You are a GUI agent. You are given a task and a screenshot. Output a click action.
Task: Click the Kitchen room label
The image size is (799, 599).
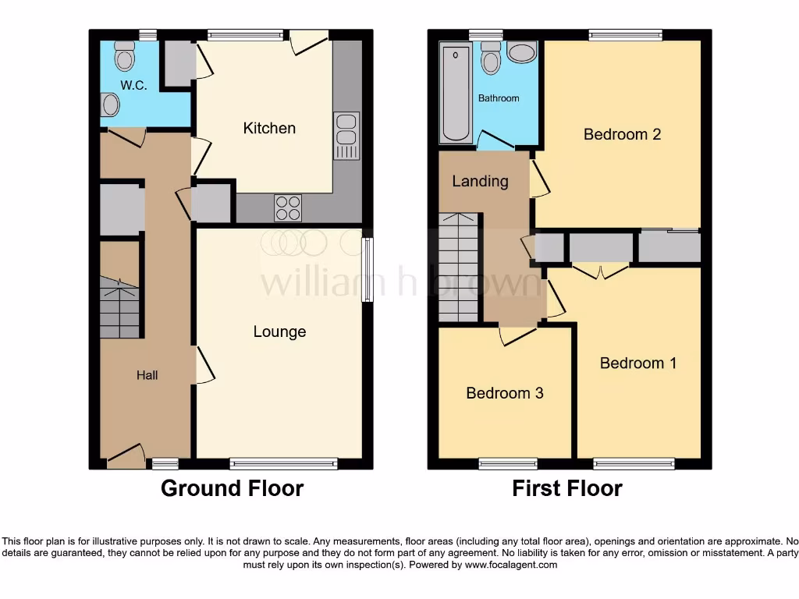[269, 128]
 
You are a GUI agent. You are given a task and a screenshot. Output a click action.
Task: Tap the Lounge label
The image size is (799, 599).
[279, 331]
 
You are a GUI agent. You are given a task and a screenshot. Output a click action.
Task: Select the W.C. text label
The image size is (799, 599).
[133, 86]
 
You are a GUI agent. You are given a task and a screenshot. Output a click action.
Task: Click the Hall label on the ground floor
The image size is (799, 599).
[147, 375]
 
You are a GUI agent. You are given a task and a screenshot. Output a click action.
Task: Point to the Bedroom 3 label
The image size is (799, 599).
[504, 393]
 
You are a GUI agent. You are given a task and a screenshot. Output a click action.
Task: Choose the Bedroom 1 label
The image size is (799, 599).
[637, 363]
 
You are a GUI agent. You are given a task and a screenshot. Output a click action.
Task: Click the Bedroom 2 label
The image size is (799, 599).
[622, 134]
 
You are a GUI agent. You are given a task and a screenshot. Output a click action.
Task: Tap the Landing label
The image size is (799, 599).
[480, 181]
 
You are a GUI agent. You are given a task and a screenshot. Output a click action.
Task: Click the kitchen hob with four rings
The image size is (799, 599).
[287, 207]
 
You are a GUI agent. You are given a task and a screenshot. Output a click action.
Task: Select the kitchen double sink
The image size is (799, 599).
[346, 136]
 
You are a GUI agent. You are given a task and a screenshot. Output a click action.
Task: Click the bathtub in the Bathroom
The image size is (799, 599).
[456, 94]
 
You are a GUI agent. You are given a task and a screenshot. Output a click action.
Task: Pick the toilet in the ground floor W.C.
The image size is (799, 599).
[124, 56]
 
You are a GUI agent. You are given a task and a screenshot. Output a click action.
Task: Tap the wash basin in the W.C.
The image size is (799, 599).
[110, 105]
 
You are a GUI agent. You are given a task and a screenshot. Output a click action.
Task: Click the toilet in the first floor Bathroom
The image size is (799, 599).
[490, 59]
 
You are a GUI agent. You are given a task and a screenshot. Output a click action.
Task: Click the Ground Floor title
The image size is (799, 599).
[232, 489]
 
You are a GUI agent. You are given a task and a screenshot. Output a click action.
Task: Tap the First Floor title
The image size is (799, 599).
[566, 489]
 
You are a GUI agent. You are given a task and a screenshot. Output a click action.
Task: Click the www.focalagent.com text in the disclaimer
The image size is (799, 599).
[510, 565]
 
